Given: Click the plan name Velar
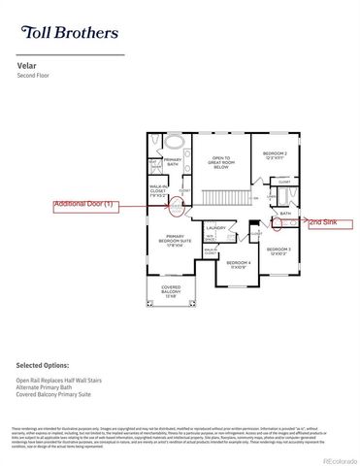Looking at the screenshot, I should [x=26, y=66].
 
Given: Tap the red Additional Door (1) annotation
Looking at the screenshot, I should [x=85, y=205].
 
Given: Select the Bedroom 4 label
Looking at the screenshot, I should [x=239, y=264].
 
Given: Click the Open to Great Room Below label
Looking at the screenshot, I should [x=220, y=160].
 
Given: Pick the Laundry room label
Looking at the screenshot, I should [x=215, y=228].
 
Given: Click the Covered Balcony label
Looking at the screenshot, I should [x=170, y=294].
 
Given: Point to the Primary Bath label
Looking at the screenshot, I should [x=172, y=162].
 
